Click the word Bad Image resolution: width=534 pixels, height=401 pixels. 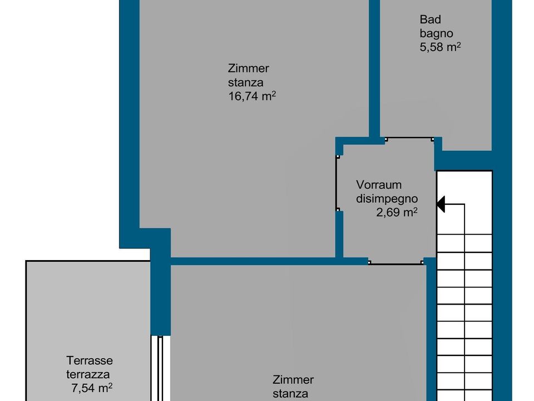click(x=430, y=19)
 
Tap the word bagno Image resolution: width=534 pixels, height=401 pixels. click(x=436, y=33)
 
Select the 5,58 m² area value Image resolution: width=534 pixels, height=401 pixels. click(x=440, y=47)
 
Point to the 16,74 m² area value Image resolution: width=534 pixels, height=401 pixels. click(x=251, y=96)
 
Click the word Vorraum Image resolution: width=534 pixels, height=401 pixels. click(x=379, y=185)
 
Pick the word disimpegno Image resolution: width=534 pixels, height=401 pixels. click(x=387, y=198)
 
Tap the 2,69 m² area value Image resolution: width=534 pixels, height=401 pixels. click(x=397, y=212)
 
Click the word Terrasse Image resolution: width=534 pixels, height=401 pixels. click(x=90, y=360)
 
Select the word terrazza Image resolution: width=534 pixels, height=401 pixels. click(x=88, y=374)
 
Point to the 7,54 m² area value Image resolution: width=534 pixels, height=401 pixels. click(x=92, y=388)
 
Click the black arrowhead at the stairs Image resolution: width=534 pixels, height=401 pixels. click(x=441, y=204)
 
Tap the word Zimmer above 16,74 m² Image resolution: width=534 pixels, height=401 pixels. click(x=248, y=68)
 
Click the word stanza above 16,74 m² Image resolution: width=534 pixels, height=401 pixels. click(x=245, y=82)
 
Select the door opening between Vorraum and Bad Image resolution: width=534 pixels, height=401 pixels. click(x=409, y=139)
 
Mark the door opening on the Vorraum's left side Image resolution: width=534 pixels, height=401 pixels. click(x=337, y=183)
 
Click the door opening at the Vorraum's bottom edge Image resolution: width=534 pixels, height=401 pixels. click(x=395, y=262)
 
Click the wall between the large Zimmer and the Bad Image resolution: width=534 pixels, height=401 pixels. click(x=374, y=68)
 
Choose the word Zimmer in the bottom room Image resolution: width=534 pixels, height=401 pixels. click(x=293, y=379)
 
